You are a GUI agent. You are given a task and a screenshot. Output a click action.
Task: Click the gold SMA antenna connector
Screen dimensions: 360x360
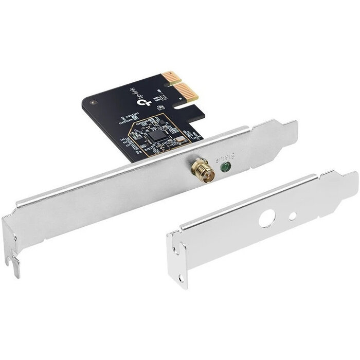tap(199, 168)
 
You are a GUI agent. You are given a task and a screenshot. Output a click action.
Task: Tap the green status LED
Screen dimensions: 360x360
tap(225, 166)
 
